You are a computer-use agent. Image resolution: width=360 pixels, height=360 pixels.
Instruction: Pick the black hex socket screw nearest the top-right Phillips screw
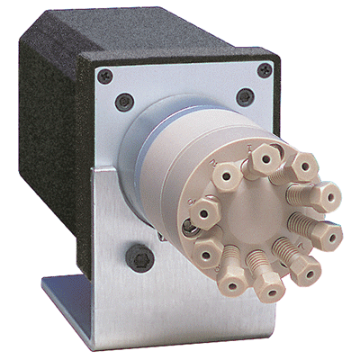point(245,95)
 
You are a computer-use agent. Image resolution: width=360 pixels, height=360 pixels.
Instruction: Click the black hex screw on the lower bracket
point(139,257)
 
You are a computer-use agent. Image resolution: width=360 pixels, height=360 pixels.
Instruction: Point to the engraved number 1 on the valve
point(248,148)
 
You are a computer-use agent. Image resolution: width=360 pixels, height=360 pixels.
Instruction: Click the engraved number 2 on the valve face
point(212,162)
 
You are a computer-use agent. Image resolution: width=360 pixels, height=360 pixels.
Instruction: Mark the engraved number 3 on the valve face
point(192,200)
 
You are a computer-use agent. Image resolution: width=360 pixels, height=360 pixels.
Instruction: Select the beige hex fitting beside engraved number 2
point(226,175)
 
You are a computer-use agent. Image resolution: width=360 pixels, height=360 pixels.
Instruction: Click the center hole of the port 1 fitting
point(265,158)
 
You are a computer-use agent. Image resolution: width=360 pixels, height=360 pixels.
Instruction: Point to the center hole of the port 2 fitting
point(226,175)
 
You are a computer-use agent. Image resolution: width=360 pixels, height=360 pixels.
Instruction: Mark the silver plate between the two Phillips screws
point(184,76)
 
